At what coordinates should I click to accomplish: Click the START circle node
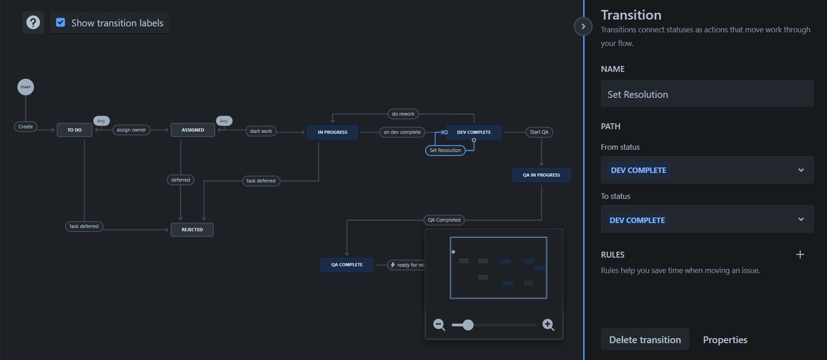[x=25, y=87]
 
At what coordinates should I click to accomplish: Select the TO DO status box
[x=75, y=130]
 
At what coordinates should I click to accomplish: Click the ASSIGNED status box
[x=193, y=130]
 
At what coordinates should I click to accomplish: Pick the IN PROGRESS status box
[x=333, y=132]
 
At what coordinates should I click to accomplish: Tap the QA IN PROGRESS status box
[x=541, y=175]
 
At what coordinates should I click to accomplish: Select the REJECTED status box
[x=192, y=230]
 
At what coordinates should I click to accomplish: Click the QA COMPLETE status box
[x=347, y=265]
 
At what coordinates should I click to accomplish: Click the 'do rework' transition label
[x=403, y=114]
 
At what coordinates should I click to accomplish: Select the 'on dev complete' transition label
[x=402, y=132]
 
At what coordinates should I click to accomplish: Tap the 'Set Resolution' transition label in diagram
[x=445, y=150]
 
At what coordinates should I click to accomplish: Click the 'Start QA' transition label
[x=539, y=132]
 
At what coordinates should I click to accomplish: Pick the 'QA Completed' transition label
[x=444, y=220]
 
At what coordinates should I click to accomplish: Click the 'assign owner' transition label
[x=131, y=130]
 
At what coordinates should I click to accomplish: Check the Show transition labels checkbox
[x=61, y=22]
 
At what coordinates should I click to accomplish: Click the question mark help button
[x=33, y=22]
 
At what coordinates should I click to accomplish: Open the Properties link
[x=725, y=340]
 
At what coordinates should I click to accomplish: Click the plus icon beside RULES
[x=800, y=254]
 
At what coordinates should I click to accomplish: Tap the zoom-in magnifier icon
[x=549, y=325]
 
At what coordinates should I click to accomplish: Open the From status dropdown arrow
[x=801, y=170]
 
